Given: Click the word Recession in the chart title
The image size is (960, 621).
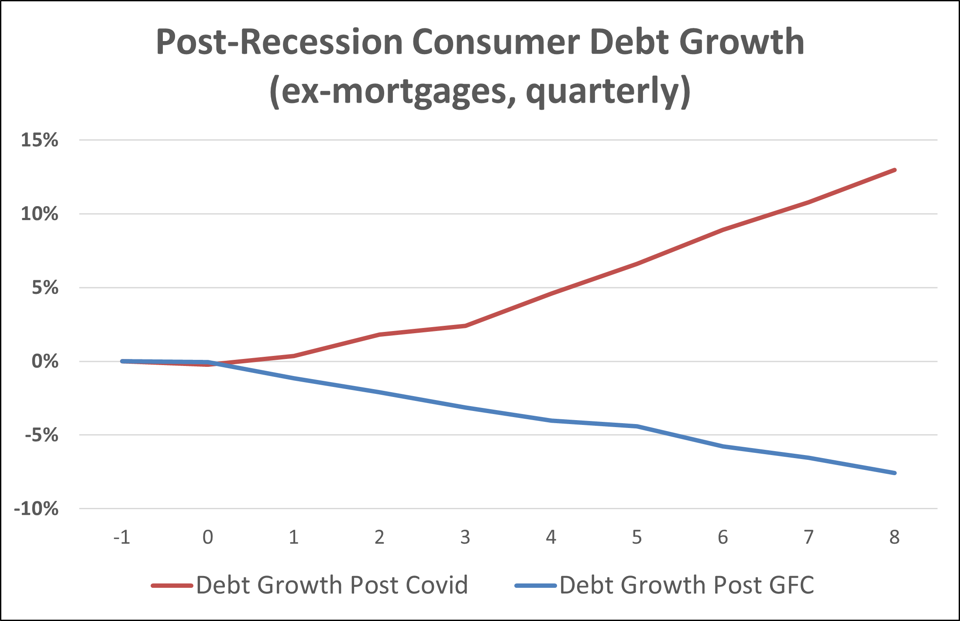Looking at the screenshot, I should pyautogui.click(x=321, y=42).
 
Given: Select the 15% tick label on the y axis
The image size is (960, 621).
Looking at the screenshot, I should pyautogui.click(x=39, y=140).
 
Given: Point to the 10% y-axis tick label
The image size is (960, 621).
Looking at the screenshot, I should pyautogui.click(x=39, y=214).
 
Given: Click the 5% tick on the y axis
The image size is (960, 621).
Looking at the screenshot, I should pyautogui.click(x=45, y=288).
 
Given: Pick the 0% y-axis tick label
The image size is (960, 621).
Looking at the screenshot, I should pyautogui.click(x=45, y=362).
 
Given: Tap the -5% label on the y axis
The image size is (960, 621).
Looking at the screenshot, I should pyautogui.click(x=41, y=435).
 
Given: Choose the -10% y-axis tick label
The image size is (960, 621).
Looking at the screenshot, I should pyautogui.click(x=36, y=509).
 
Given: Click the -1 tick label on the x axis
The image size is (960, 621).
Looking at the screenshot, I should pyautogui.click(x=122, y=538).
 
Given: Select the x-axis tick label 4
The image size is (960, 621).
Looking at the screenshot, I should pyautogui.click(x=551, y=538).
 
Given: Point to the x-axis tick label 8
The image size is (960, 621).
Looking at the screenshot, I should pyautogui.click(x=895, y=538).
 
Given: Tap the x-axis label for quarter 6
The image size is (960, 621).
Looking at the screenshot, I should pyautogui.click(x=723, y=538).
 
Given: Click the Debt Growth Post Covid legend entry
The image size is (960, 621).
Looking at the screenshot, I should pyautogui.click(x=332, y=585).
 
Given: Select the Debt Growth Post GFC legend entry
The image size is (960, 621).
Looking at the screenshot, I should pyautogui.click(x=687, y=585).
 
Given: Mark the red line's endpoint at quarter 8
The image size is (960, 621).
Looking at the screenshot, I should pyautogui.click(x=895, y=170).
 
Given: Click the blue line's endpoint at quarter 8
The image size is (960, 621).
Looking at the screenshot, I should pyautogui.click(x=895, y=473).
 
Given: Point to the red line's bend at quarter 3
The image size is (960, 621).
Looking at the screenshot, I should pyautogui.click(x=465, y=326).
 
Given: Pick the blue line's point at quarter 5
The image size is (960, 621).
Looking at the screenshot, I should pyautogui.click(x=637, y=426).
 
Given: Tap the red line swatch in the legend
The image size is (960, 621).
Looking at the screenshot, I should pyautogui.click(x=172, y=586).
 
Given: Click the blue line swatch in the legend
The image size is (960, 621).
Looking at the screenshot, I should pyautogui.click(x=536, y=586).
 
